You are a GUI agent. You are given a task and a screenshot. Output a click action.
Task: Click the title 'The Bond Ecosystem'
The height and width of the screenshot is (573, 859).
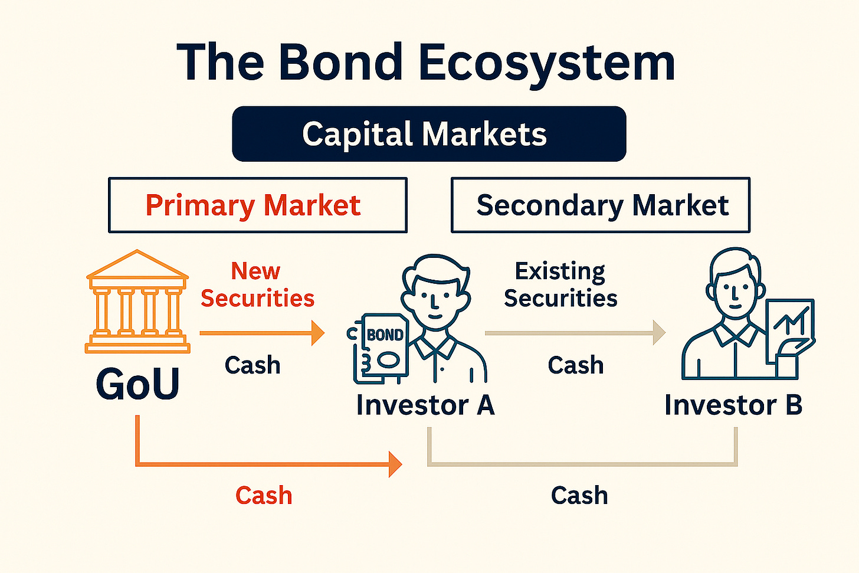pyautogui.click(x=426, y=62)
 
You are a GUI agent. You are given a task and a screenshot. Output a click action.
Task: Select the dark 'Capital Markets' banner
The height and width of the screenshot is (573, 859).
pyautogui.click(x=429, y=134)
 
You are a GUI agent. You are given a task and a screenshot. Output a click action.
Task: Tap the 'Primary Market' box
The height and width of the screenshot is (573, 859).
pyautogui.click(x=257, y=205)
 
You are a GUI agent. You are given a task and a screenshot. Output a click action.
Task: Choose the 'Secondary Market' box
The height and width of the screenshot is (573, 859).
pyautogui.click(x=601, y=205)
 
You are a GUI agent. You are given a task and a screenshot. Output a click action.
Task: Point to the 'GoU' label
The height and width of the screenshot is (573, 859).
pyautogui.click(x=137, y=384)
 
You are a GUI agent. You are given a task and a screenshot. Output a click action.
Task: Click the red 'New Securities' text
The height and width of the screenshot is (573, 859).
pyautogui.click(x=257, y=284)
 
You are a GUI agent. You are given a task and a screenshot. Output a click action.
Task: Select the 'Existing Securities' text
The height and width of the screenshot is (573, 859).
pyautogui.click(x=560, y=284)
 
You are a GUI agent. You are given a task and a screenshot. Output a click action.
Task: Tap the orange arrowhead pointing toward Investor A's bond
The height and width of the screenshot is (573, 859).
pyautogui.click(x=317, y=333)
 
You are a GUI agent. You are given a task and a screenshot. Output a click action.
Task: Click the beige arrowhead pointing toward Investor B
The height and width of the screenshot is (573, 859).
pyautogui.click(x=658, y=333)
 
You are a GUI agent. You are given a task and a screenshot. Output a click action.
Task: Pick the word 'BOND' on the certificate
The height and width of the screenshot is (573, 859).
pyautogui.click(x=385, y=335)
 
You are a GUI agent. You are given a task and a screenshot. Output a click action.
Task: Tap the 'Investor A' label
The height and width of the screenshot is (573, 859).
pyautogui.click(x=425, y=405)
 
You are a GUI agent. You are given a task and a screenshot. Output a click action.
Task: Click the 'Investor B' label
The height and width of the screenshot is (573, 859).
pyautogui.click(x=733, y=405)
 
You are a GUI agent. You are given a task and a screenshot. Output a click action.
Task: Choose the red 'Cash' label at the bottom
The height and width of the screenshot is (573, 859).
pyautogui.click(x=264, y=496)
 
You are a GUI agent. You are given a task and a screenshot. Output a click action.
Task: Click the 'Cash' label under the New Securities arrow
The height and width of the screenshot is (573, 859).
pyautogui.click(x=253, y=366)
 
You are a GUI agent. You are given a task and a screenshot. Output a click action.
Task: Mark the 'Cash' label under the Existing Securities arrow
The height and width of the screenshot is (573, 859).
pyautogui.click(x=576, y=366)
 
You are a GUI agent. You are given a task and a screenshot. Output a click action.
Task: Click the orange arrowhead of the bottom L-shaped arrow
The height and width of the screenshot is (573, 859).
pyautogui.click(x=395, y=464)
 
